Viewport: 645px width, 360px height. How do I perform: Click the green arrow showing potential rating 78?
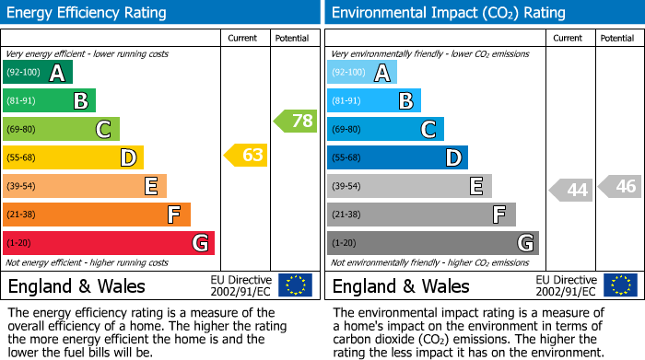pos(295,121)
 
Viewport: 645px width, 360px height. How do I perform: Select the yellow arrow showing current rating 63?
pos(246,155)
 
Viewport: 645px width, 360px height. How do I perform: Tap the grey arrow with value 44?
pos(571,191)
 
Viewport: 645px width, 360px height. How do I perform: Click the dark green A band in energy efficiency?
pos(38,73)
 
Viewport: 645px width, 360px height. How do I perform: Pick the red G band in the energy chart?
pos(109,243)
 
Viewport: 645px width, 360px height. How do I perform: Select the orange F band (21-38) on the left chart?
pos(97,215)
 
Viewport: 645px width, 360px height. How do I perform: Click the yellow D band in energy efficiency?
pos(73,157)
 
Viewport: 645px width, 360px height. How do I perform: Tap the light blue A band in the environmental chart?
pos(362,73)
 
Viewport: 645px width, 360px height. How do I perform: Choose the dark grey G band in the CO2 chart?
pos(433,243)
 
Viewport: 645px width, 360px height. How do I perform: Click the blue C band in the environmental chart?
pos(385,129)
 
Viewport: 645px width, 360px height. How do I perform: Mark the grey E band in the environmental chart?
pos(409,186)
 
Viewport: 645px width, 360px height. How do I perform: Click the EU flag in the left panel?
pos(295,285)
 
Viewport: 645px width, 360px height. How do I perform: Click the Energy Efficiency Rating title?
pos(88,13)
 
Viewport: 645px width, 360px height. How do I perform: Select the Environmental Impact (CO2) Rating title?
pos(448,13)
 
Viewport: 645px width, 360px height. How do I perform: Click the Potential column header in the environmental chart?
pos(617,38)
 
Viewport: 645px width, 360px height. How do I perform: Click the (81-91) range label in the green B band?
pos(21,101)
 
